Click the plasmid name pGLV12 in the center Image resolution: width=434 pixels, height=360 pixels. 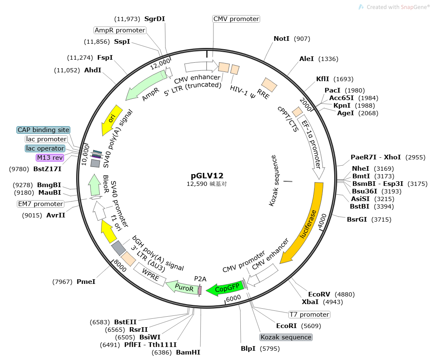click(207, 176)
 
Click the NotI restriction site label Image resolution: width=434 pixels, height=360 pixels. click(282, 39)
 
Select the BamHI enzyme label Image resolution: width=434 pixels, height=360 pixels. click(188, 352)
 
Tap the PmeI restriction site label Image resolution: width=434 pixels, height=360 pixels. click(86, 282)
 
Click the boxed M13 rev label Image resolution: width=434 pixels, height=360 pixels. click(50, 158)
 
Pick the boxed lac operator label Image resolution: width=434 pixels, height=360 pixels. click(45, 148)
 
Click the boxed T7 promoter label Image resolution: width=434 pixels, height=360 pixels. click(309, 315)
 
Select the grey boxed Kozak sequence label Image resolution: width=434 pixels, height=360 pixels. click(286, 337)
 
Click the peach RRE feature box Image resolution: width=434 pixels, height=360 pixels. click(269, 85)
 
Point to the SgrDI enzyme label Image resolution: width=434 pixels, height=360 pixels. click(154, 19)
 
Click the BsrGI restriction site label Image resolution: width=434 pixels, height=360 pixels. click(357, 219)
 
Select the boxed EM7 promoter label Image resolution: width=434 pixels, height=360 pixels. click(41, 204)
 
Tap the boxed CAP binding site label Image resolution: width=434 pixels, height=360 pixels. click(43, 130)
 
